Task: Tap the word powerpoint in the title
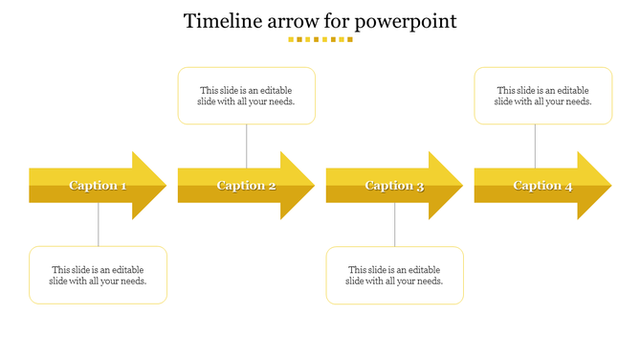tap(404, 22)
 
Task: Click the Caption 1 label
tap(98, 186)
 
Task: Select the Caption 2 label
tap(246, 186)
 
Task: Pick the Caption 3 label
tap(394, 186)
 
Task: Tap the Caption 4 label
tap(542, 186)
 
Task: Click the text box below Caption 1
tap(99, 276)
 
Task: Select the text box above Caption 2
tap(247, 96)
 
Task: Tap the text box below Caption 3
tap(395, 276)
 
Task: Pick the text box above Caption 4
tap(543, 96)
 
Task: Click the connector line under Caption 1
tap(99, 225)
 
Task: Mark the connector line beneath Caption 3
tap(395, 225)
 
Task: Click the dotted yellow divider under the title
tap(320, 40)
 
